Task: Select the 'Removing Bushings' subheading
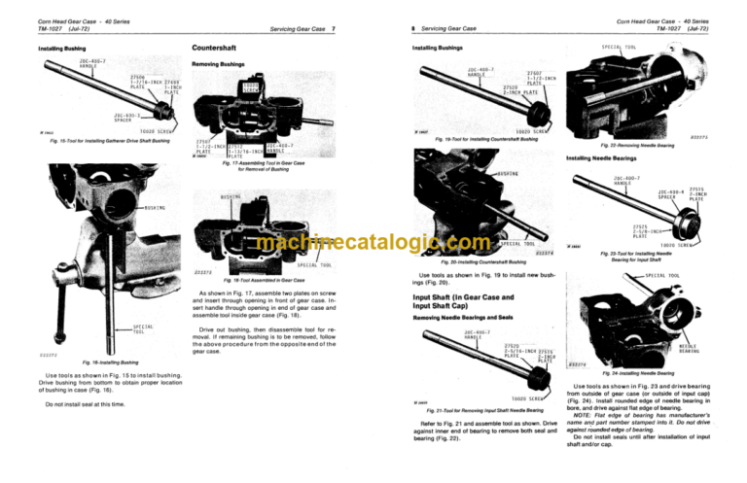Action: pos(219,62)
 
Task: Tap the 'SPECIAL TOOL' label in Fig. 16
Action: pos(143,328)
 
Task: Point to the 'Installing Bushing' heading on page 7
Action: pos(63,47)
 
